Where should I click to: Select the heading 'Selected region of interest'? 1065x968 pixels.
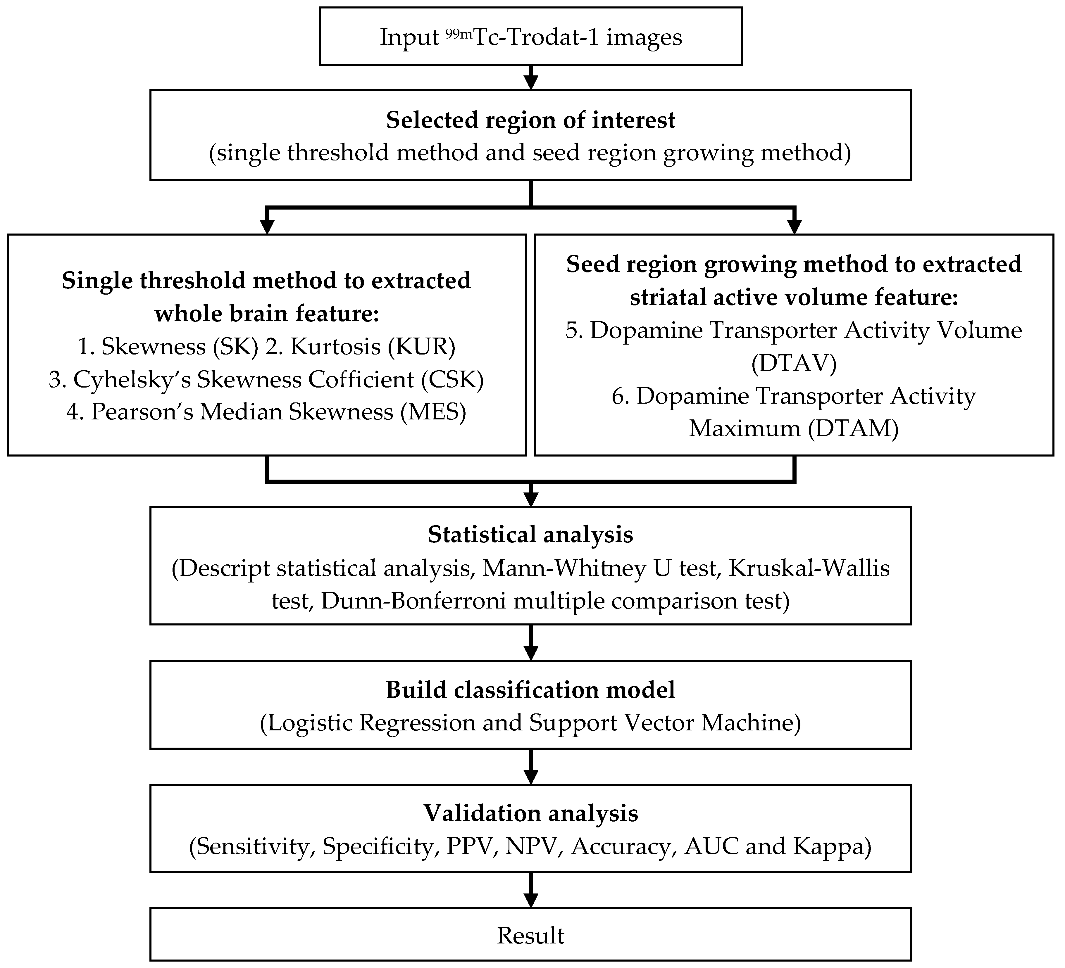point(530,120)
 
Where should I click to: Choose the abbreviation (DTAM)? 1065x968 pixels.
point(853,428)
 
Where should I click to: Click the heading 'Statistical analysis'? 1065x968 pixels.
point(530,535)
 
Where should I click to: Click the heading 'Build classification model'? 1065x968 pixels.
point(530,690)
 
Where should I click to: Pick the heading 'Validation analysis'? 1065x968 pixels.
point(530,813)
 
